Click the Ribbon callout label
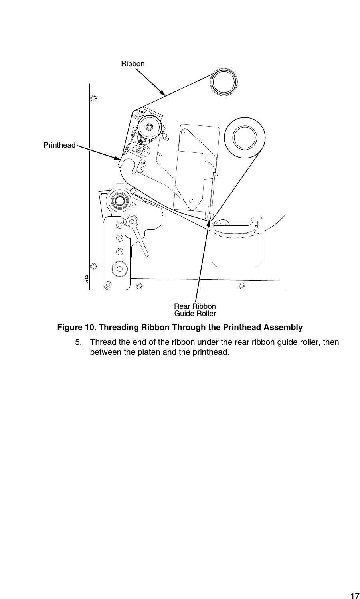133,64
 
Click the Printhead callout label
59,145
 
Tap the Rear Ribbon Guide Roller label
195,310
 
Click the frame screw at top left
93,98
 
